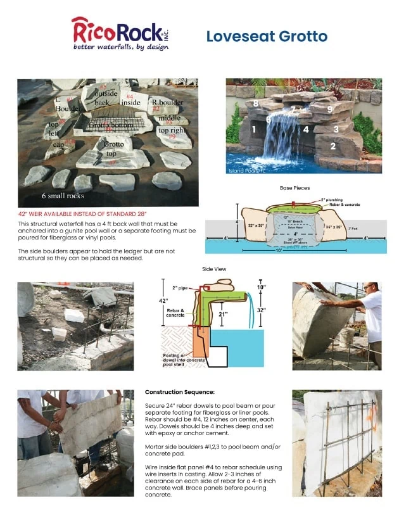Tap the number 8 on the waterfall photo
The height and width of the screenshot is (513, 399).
(x=256, y=103)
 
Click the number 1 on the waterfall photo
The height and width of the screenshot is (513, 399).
(x=254, y=129)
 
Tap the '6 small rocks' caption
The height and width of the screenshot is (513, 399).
(x=63, y=196)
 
